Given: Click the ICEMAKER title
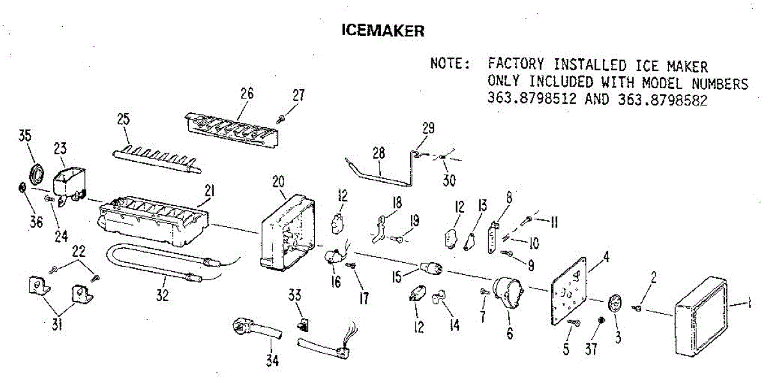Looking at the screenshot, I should (x=383, y=30).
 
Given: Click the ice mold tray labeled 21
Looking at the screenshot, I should (x=154, y=221).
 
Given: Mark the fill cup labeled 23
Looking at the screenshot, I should (x=69, y=182).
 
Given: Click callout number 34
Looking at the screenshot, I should (x=273, y=361).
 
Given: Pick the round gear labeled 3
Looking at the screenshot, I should (x=616, y=303).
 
